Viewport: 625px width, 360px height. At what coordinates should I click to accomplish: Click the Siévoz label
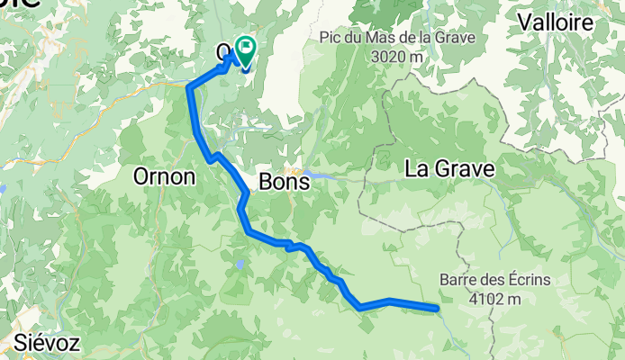[47, 343]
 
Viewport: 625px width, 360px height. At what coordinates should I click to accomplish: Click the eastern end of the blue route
[437, 309]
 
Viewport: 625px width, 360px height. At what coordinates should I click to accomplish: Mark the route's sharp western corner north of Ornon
[189, 87]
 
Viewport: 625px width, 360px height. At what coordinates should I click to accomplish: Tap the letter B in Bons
[266, 182]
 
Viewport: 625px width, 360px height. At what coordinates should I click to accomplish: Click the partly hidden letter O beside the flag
[225, 52]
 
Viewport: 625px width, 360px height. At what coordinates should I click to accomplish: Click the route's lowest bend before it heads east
[360, 307]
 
